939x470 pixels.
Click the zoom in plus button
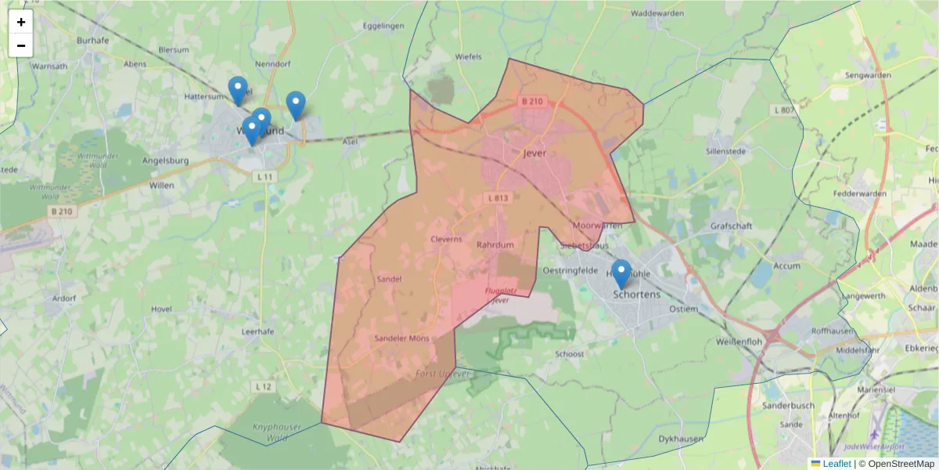click(x=21, y=22)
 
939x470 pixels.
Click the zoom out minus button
click(x=21, y=45)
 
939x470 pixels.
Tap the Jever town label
click(x=535, y=154)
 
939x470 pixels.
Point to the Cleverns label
click(x=446, y=240)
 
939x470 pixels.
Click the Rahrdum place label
click(x=495, y=245)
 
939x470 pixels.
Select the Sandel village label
click(x=389, y=279)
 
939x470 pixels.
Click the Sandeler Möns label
click(x=402, y=338)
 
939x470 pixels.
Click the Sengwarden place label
click(x=869, y=76)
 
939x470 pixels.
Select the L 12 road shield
click(x=264, y=387)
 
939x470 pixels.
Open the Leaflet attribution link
click(x=836, y=464)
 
